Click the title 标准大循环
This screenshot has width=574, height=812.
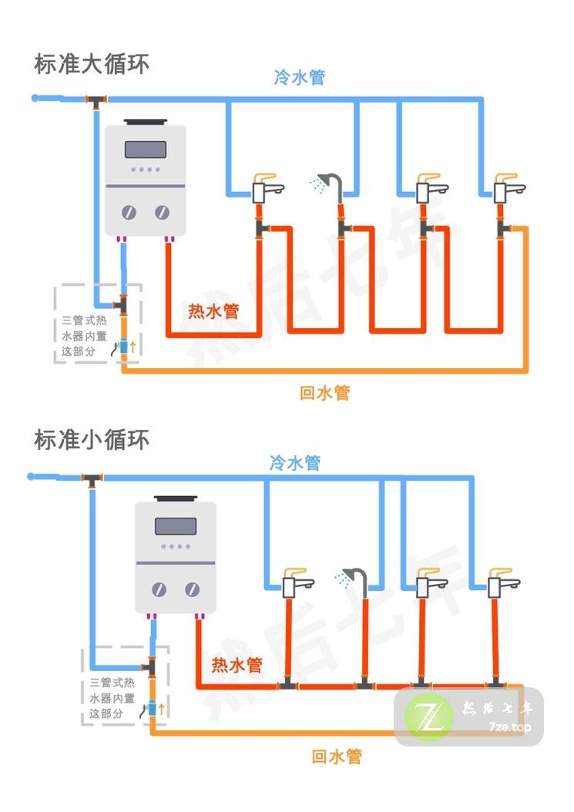click(92, 63)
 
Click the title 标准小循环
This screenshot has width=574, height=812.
click(92, 440)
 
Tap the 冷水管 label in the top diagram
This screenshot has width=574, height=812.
click(299, 77)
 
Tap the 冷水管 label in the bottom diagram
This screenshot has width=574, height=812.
click(294, 462)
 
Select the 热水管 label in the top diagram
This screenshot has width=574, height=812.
click(213, 311)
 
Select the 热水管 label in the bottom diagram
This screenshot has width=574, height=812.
click(237, 664)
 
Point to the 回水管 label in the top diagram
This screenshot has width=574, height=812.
click(324, 393)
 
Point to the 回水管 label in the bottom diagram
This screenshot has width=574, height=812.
click(336, 756)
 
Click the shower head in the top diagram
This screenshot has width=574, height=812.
click(331, 182)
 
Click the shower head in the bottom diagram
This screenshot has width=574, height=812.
click(354, 576)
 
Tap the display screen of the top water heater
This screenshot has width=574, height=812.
click(146, 149)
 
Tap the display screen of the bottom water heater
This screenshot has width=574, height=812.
click(175, 526)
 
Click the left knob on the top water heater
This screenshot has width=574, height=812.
click(129, 213)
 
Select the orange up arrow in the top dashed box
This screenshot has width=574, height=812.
click(133, 347)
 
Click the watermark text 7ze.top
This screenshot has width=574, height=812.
click(510, 726)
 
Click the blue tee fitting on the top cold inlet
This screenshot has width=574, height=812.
click(96, 100)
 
